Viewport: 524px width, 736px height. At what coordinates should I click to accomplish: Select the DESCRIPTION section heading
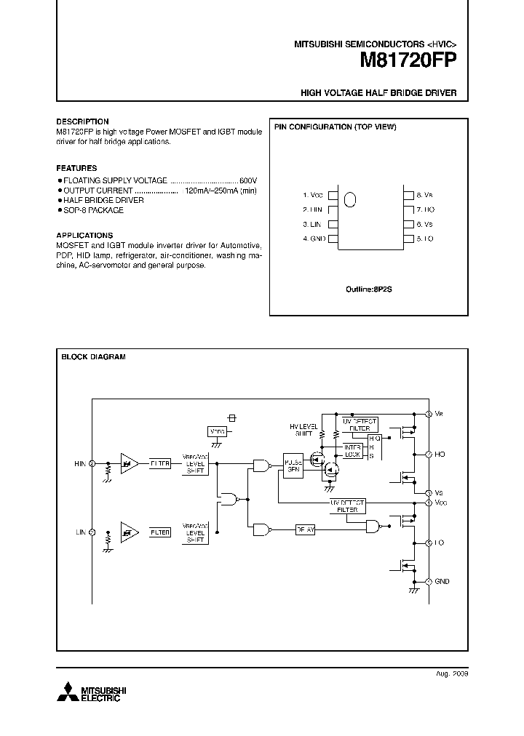pyautogui.click(x=82, y=121)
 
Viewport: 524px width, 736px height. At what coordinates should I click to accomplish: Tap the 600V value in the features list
pyautogui.click(x=248, y=179)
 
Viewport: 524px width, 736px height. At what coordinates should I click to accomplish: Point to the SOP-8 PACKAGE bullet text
pyautogui.click(x=93, y=210)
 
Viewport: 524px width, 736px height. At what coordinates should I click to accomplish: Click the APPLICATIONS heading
pyautogui.click(x=84, y=236)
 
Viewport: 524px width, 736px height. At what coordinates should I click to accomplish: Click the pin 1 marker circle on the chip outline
pyautogui.click(x=350, y=199)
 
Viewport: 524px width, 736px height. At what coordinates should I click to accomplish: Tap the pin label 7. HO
pyautogui.click(x=425, y=209)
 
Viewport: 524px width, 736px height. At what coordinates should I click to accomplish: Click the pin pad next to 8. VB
pyautogui.click(x=407, y=195)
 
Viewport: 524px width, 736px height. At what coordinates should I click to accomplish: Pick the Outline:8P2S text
pyautogui.click(x=368, y=289)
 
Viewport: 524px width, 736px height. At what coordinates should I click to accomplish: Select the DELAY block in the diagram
pyautogui.click(x=305, y=530)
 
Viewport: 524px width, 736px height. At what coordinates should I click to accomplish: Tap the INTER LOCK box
pyautogui.click(x=352, y=451)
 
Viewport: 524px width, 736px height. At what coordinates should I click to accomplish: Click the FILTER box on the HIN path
pyautogui.click(x=159, y=463)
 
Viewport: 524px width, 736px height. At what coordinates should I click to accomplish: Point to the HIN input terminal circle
pyautogui.click(x=92, y=463)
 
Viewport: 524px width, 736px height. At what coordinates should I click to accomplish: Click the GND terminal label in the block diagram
pyautogui.click(x=442, y=582)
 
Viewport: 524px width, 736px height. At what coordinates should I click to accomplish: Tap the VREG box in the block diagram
pyautogui.click(x=216, y=431)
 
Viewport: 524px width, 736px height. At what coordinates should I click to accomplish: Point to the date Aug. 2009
pyautogui.click(x=452, y=674)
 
